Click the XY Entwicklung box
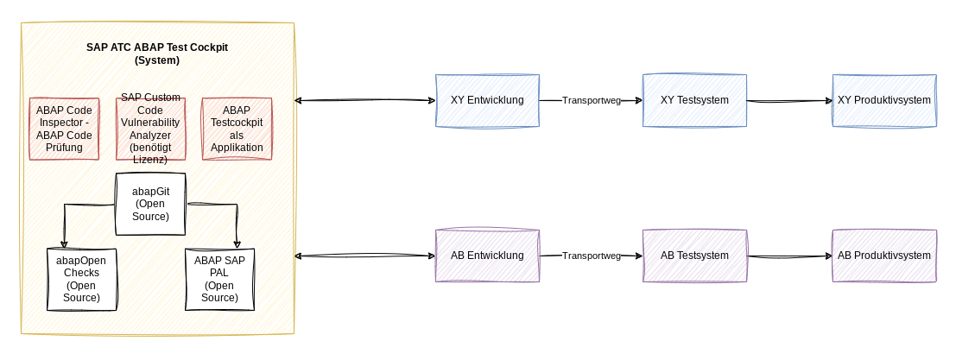point(487,100)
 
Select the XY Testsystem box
point(694,100)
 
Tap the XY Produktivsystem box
point(884,100)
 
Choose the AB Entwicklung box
point(487,256)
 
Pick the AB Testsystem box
point(694,256)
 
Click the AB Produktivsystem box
point(884,256)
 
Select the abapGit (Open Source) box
point(151,204)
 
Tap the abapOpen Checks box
point(81,279)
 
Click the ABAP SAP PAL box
point(219,279)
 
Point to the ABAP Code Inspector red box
point(65,129)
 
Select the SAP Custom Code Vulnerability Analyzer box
point(150,129)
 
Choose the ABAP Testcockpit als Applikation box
point(237,129)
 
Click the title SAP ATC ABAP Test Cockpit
point(157,54)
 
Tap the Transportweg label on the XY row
point(592,100)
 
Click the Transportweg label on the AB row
point(592,256)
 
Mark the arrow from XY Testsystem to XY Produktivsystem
point(788,101)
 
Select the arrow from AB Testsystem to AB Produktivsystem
point(788,256)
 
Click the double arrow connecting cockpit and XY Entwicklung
point(364,101)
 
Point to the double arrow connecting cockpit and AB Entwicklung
point(364,256)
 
